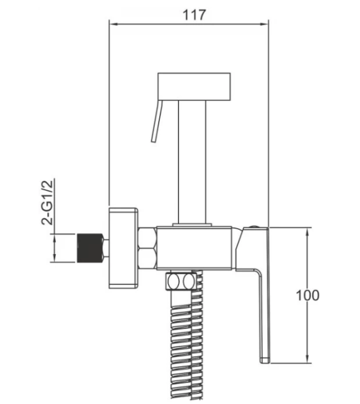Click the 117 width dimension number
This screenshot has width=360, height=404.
point(195,15)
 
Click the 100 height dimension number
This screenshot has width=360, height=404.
point(307,296)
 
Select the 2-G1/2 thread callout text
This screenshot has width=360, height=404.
point(47,203)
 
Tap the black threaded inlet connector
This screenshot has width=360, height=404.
point(89,248)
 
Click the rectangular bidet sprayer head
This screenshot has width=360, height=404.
point(194,86)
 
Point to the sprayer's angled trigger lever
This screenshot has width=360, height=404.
point(157,121)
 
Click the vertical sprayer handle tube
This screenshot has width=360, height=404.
point(192,162)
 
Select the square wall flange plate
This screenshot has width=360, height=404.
point(123,248)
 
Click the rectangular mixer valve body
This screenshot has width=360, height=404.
point(194,248)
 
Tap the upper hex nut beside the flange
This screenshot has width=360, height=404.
point(147,237)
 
